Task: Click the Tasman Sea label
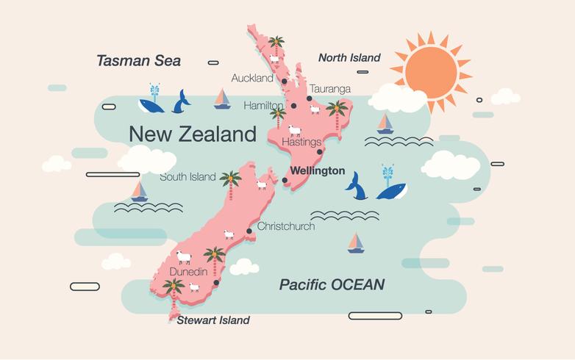pos(138,60)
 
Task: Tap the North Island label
pos(349,57)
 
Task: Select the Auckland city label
pos(251,77)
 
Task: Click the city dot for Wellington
pos(285,180)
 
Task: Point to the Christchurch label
pos(285,226)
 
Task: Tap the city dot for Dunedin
pos(216,282)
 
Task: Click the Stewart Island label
pos(213,320)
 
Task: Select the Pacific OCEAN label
pos(332,284)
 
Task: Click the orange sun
pos(431,71)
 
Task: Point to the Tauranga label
pos(329,89)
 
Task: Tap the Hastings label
pos(301,142)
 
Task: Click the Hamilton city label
pos(262,106)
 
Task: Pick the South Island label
pos(187,176)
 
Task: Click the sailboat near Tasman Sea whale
pos(222,99)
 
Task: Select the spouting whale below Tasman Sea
pos(152,103)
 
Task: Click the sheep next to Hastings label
pos(295,130)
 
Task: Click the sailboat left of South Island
pos(139,191)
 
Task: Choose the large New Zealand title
pos(193,134)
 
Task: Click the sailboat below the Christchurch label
pos(356,242)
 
